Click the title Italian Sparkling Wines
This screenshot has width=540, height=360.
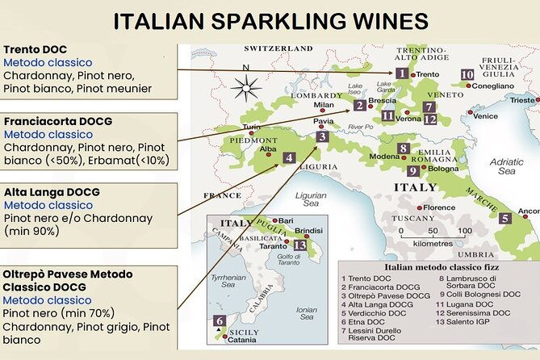pyautogui.click(x=270, y=21)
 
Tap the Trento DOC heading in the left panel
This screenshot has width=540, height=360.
pyautogui.click(x=36, y=48)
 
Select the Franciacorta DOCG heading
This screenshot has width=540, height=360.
pyautogui.click(x=58, y=121)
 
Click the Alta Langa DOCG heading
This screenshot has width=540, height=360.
pyautogui.click(x=52, y=192)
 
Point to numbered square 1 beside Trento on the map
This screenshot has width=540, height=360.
pyautogui.click(x=401, y=73)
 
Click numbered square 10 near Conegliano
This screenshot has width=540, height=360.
pyautogui.click(x=467, y=75)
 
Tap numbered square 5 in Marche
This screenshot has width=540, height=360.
pyautogui.click(x=504, y=218)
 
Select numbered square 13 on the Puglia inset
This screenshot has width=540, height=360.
pyautogui.click(x=299, y=245)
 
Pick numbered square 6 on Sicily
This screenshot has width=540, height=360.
pyautogui.click(x=219, y=321)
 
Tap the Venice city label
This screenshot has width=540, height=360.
pyautogui.click(x=486, y=115)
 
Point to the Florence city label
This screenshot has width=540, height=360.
pyautogui.click(x=440, y=207)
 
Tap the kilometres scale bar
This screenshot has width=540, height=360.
pyautogui.click(x=428, y=235)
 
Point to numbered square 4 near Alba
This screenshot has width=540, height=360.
pyautogui.click(x=288, y=157)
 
